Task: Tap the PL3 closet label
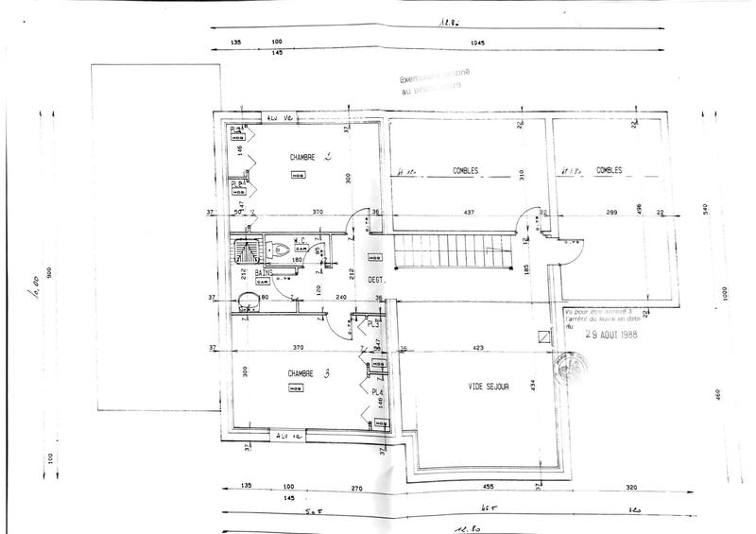[373, 326]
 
